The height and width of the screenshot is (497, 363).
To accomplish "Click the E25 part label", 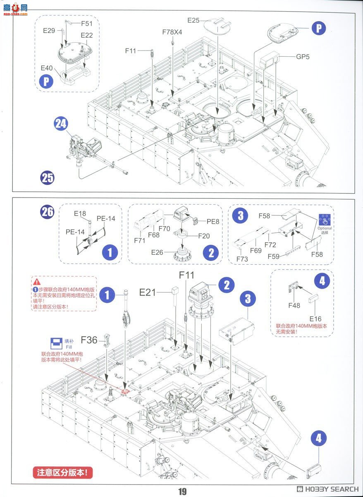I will (x=193, y=20).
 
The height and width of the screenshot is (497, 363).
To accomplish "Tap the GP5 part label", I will (x=303, y=57).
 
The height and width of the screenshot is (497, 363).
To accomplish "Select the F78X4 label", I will (x=172, y=32).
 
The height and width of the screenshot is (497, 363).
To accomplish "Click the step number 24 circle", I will (x=61, y=124).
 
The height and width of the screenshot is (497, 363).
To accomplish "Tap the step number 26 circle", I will (x=47, y=212).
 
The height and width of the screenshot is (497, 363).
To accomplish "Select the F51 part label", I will (x=87, y=24).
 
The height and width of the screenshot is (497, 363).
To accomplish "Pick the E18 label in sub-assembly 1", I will (x=80, y=213).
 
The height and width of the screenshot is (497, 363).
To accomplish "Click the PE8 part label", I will (x=213, y=222).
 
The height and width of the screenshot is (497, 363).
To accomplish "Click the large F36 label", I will (x=89, y=340).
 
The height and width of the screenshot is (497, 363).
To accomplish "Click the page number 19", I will (x=182, y=492).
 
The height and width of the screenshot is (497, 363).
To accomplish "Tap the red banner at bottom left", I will (x=62, y=473).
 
